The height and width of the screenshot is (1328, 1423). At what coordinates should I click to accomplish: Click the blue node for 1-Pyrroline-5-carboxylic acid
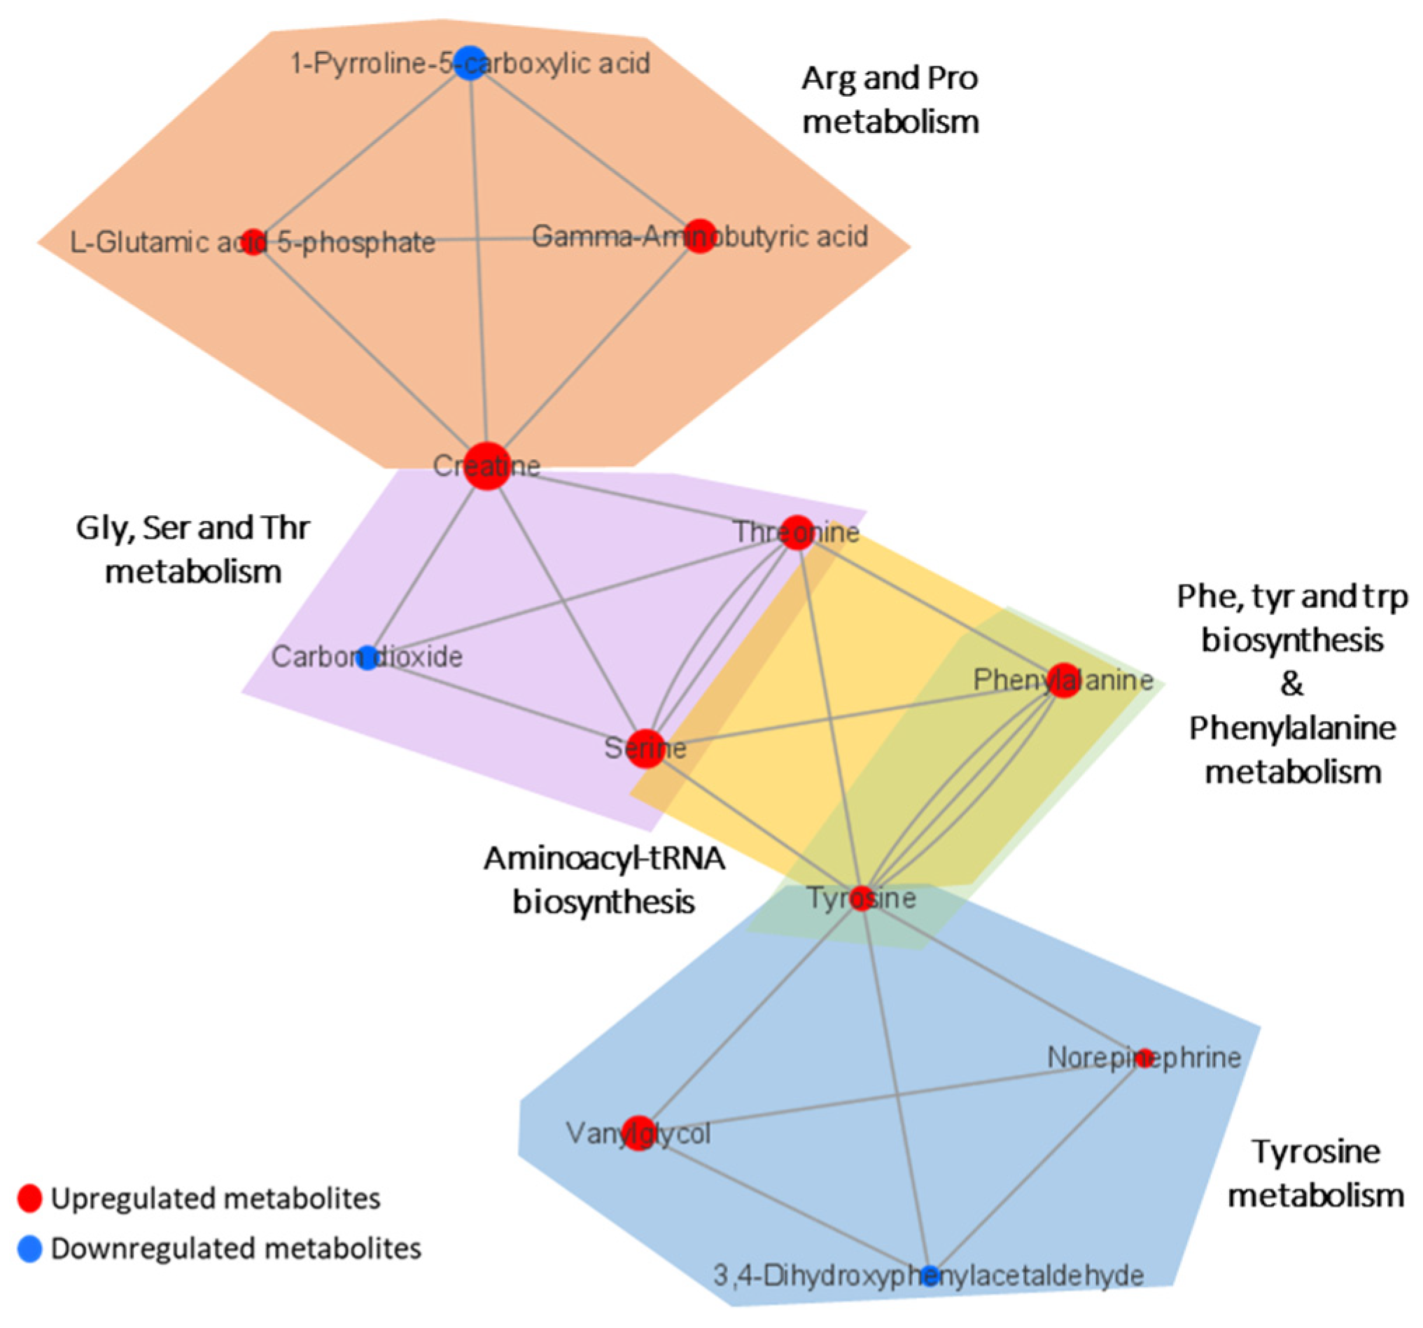pyautogui.click(x=470, y=63)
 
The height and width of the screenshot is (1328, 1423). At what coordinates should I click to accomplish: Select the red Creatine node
pyautogui.click(x=486, y=466)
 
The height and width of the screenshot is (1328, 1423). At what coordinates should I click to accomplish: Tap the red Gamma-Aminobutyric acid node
pyautogui.click(x=700, y=236)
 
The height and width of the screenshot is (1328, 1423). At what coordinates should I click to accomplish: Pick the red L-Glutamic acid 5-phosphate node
pyautogui.click(x=253, y=242)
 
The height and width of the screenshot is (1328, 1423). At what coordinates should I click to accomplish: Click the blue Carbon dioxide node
pyautogui.click(x=367, y=657)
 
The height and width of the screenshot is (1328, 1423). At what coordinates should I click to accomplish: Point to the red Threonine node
pyautogui.click(x=797, y=533)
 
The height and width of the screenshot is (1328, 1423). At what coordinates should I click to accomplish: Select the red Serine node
pyautogui.click(x=645, y=748)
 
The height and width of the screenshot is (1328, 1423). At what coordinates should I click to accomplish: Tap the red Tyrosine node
pyautogui.click(x=862, y=897)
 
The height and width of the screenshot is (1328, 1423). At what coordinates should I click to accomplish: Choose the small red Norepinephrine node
pyautogui.click(x=1144, y=1056)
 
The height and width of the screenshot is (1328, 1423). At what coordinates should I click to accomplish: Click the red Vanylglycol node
pyautogui.click(x=638, y=1133)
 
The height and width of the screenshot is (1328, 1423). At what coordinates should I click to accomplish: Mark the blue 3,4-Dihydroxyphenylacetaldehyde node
pyautogui.click(x=929, y=1274)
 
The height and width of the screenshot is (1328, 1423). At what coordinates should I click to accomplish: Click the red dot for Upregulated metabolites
pyautogui.click(x=29, y=1198)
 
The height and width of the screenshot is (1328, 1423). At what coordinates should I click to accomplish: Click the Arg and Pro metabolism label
pyautogui.click(x=890, y=99)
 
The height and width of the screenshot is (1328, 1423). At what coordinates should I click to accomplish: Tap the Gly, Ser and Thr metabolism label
pyautogui.click(x=192, y=550)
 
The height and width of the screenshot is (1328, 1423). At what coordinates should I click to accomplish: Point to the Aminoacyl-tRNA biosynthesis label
pyautogui.click(x=603, y=879)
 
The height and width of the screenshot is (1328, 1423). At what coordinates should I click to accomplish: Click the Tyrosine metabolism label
pyautogui.click(x=1316, y=1173)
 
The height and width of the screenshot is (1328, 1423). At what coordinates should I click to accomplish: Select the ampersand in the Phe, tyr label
pyautogui.click(x=1291, y=685)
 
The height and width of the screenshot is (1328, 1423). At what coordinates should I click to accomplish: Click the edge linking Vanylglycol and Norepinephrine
pyautogui.click(x=895, y=1096)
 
